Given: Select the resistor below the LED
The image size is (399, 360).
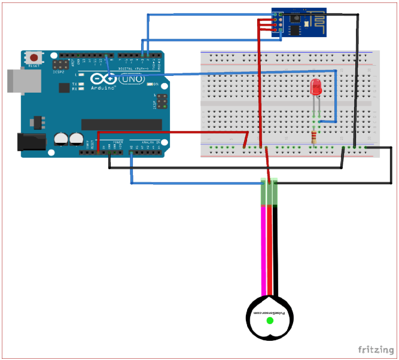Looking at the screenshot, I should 316,138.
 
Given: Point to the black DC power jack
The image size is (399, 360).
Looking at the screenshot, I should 31,142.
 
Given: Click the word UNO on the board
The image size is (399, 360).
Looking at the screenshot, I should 133,78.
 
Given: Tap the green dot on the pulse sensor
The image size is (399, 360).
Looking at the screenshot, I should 270,321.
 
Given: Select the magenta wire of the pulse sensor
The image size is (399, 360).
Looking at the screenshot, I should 263,251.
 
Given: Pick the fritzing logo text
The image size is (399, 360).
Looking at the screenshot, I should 376,349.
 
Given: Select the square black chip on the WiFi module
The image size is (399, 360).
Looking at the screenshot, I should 295,18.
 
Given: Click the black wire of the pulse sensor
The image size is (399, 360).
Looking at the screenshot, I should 276,251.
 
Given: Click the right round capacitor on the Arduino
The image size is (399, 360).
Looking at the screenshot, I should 76,139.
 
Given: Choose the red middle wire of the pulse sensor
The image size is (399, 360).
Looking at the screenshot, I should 270,251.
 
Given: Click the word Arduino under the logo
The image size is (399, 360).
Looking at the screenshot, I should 103,87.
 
